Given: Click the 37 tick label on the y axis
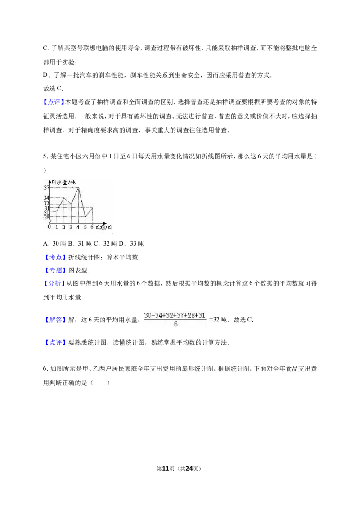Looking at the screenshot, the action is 46,188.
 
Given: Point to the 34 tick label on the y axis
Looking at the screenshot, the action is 46,197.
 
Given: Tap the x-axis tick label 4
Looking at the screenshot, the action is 78,227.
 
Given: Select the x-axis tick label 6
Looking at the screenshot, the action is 92,227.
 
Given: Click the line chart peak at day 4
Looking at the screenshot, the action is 78,188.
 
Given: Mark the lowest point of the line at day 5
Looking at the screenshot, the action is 85,216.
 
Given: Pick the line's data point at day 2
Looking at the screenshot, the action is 64,197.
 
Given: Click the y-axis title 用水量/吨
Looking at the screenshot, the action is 63,183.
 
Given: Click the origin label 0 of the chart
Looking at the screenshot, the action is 49,227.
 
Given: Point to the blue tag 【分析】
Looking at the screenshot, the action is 54,283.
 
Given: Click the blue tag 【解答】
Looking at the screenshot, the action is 54,320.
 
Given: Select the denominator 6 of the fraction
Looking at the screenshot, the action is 175,324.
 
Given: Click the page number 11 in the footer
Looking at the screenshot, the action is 166,469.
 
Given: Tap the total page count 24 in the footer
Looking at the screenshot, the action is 189,469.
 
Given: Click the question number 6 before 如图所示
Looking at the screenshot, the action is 45,369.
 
